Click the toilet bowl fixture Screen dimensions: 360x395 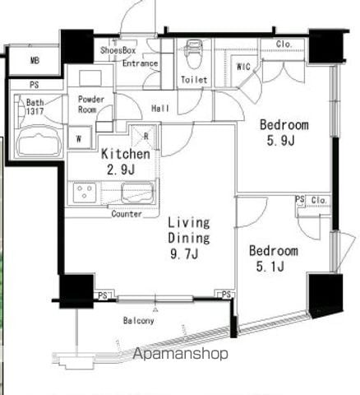click(x=194, y=53)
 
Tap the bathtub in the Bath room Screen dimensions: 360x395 click(x=40, y=142)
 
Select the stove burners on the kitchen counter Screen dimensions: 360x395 click(x=85, y=193)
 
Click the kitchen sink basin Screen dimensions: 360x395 click(x=137, y=193)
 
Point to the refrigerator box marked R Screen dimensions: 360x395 click(x=144, y=137)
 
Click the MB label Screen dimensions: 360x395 click(x=35, y=60)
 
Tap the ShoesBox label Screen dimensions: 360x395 click(x=118, y=50)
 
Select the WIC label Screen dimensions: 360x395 click(x=243, y=67)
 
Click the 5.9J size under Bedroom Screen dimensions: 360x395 click(x=280, y=141)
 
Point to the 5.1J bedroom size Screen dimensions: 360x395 click(x=270, y=266)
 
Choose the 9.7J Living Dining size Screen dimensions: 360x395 click(x=184, y=253)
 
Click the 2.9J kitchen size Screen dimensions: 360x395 click(x=121, y=170)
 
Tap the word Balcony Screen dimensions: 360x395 click(x=138, y=320)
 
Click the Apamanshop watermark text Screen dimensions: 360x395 click(x=180, y=353)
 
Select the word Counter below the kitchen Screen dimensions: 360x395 click(x=127, y=214)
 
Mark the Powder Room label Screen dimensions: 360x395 click(x=91, y=105)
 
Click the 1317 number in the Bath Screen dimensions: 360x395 click(x=35, y=111)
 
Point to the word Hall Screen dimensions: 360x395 click(x=160, y=109)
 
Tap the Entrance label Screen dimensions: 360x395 click(x=140, y=63)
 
